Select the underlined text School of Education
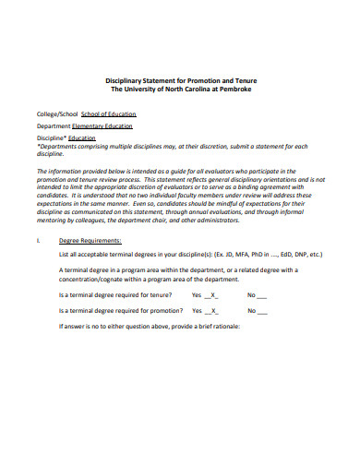tap(108, 114)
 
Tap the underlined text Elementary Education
tap(102, 125)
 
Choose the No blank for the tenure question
tap(259, 295)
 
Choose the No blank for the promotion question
tap(259, 312)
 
